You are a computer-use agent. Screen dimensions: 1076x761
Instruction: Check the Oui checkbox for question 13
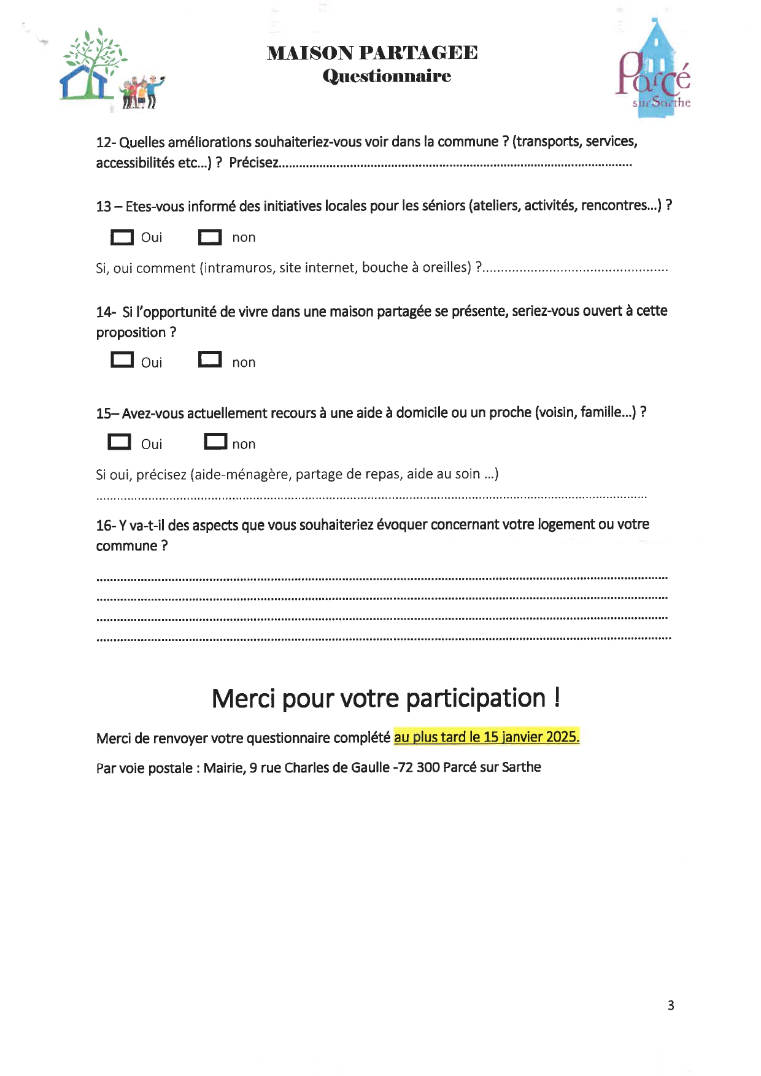pos(122,237)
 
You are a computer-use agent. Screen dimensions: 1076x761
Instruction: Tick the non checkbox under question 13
pos(210,237)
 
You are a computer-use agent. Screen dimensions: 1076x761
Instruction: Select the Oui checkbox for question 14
pos(122,359)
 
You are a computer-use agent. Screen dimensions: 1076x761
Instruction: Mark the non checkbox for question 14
pos(210,359)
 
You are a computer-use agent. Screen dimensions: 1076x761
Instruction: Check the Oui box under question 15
pos(119,442)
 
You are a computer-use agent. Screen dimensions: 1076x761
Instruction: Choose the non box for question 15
pos(215,442)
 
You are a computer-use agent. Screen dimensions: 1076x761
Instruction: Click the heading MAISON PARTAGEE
pos(372,53)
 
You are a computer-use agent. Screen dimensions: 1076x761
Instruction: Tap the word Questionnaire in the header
pos(387,76)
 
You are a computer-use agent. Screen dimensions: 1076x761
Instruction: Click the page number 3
pos(671,1005)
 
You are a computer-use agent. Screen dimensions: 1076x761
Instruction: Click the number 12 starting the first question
pos(103,143)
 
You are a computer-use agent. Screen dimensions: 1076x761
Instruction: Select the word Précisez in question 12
pos(253,163)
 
